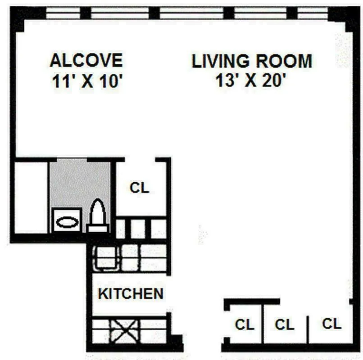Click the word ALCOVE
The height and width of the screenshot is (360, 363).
point(86,60)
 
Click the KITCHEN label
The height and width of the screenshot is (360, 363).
point(131,294)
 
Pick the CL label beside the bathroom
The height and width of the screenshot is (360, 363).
point(139,188)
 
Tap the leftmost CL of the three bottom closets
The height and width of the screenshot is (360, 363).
point(245,324)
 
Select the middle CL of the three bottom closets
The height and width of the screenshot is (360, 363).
point(284,324)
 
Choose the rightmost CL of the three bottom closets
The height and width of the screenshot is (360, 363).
point(331,324)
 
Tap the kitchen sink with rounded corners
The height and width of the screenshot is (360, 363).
point(106,258)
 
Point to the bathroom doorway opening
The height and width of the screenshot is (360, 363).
point(72,159)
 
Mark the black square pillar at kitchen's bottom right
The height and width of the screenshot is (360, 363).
point(176,342)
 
